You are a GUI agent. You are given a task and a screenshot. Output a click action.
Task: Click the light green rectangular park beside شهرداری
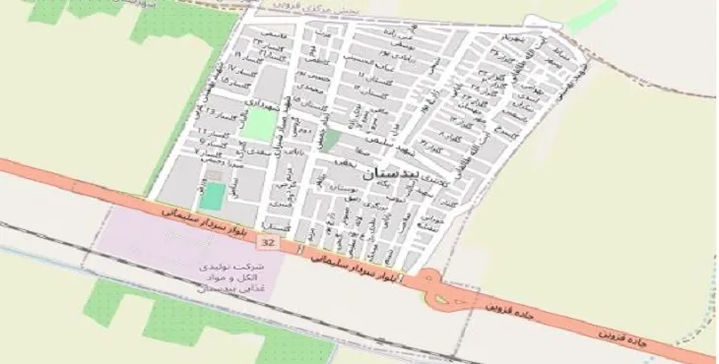click(x=259, y=124)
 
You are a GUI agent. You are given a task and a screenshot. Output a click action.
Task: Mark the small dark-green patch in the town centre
click(x=333, y=140)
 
